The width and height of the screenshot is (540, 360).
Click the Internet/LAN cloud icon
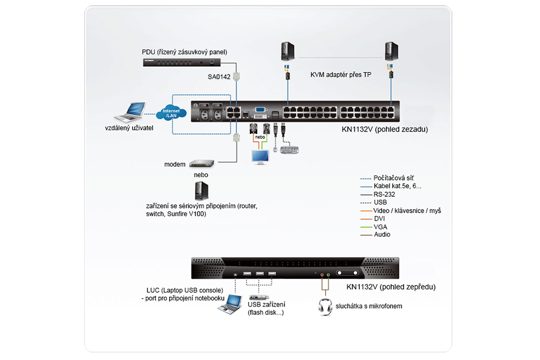pyautogui.click(x=171, y=113)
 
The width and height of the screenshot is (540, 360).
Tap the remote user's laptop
pyautogui.click(x=131, y=112)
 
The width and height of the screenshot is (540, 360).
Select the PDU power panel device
pyautogui.click(x=181, y=62)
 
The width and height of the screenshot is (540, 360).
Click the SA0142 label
pyautogui.click(x=219, y=77)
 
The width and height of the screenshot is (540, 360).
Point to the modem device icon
pyautogui.click(x=202, y=164)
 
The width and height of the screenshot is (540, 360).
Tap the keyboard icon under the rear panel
pyautogui.click(x=289, y=150)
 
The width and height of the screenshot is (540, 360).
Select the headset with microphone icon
pyautogui.click(x=325, y=307)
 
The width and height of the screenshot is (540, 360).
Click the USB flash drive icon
pyautogui.click(x=259, y=297)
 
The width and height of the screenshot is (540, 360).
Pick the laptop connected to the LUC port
pyautogui.click(x=231, y=304)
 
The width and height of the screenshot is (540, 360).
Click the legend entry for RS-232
pyautogui.click(x=384, y=194)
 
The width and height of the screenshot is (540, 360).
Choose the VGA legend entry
pyautogui.click(x=380, y=227)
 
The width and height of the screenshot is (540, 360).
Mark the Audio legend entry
pyautogui.click(x=382, y=234)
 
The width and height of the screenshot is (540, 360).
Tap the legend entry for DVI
pyautogui.click(x=379, y=219)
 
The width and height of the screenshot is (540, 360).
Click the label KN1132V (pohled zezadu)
pyautogui.click(x=385, y=130)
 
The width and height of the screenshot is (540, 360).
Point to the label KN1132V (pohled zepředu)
pyautogui.click(x=391, y=287)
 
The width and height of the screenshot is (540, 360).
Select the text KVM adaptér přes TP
pyautogui.click(x=341, y=75)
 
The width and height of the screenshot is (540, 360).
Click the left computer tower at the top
pyautogui.click(x=287, y=51)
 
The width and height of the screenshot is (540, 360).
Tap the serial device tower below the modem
pyautogui.click(x=201, y=191)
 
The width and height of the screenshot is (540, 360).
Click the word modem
pyautogui.click(x=175, y=164)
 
